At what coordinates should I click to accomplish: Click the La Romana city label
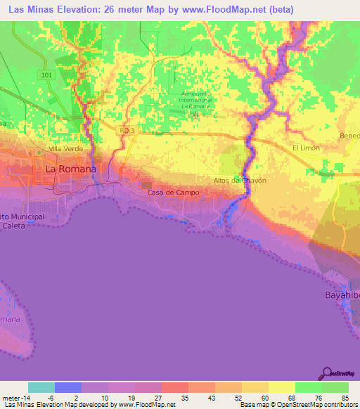[70, 169]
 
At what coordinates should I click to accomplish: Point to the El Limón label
[306, 148]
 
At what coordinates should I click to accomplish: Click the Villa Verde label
[66, 149]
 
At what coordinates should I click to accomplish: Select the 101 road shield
[46, 75]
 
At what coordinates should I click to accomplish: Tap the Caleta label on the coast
[14, 227]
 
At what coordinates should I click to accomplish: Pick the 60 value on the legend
[256, 397]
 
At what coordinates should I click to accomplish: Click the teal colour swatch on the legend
[41, 387]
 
